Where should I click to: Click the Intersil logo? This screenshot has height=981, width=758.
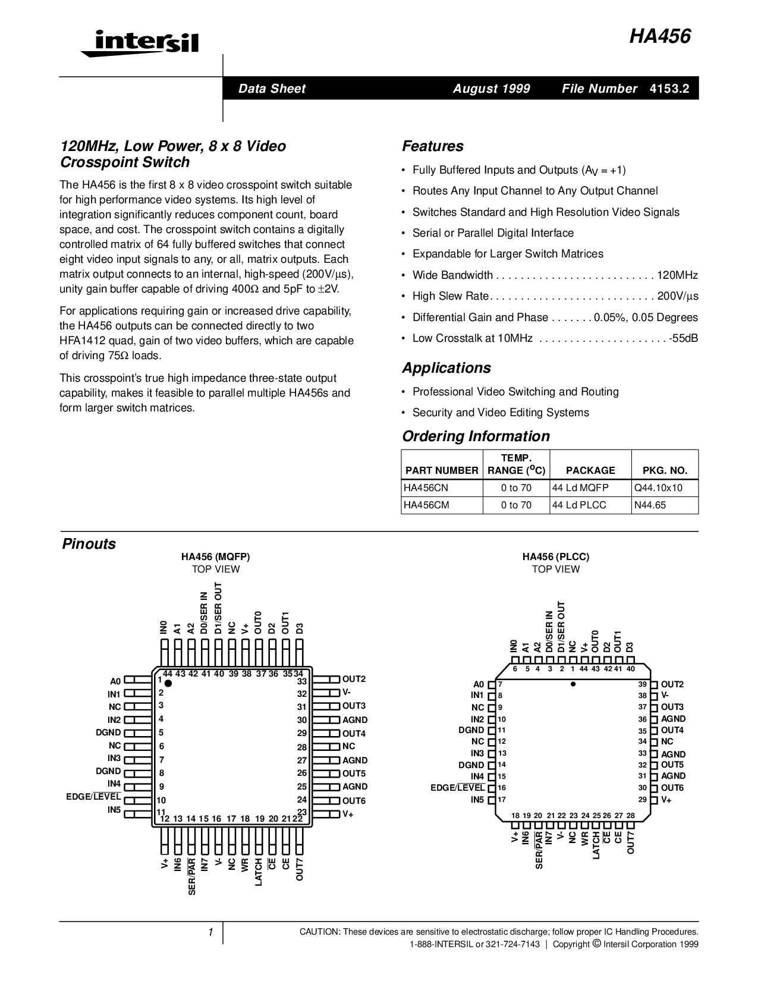tap(140, 43)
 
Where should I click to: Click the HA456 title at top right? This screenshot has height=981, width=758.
tap(659, 37)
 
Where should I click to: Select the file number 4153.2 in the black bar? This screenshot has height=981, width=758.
tap(669, 89)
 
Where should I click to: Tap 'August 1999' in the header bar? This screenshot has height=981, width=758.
tap(492, 89)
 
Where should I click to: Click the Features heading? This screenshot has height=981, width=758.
tap(432, 146)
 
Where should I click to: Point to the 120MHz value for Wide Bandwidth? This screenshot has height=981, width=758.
tap(677, 275)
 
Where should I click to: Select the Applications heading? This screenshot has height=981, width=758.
tap(446, 368)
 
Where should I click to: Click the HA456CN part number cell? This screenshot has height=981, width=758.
tap(426, 488)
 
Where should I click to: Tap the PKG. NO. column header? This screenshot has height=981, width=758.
tap(665, 470)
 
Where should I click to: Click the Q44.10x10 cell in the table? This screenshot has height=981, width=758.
tap(658, 488)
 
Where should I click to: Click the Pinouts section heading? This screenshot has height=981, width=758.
tap(89, 543)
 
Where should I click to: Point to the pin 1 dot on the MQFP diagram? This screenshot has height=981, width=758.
tap(168, 684)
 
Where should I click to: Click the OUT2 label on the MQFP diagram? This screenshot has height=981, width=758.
tap(354, 679)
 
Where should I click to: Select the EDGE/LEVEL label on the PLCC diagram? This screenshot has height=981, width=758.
tap(457, 788)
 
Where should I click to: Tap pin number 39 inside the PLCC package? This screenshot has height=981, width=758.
tap(643, 684)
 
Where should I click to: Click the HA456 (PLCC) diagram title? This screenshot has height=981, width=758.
tap(556, 556)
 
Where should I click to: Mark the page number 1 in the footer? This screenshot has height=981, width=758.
tap(210, 932)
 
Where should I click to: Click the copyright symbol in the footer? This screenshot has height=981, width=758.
tap(596, 944)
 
